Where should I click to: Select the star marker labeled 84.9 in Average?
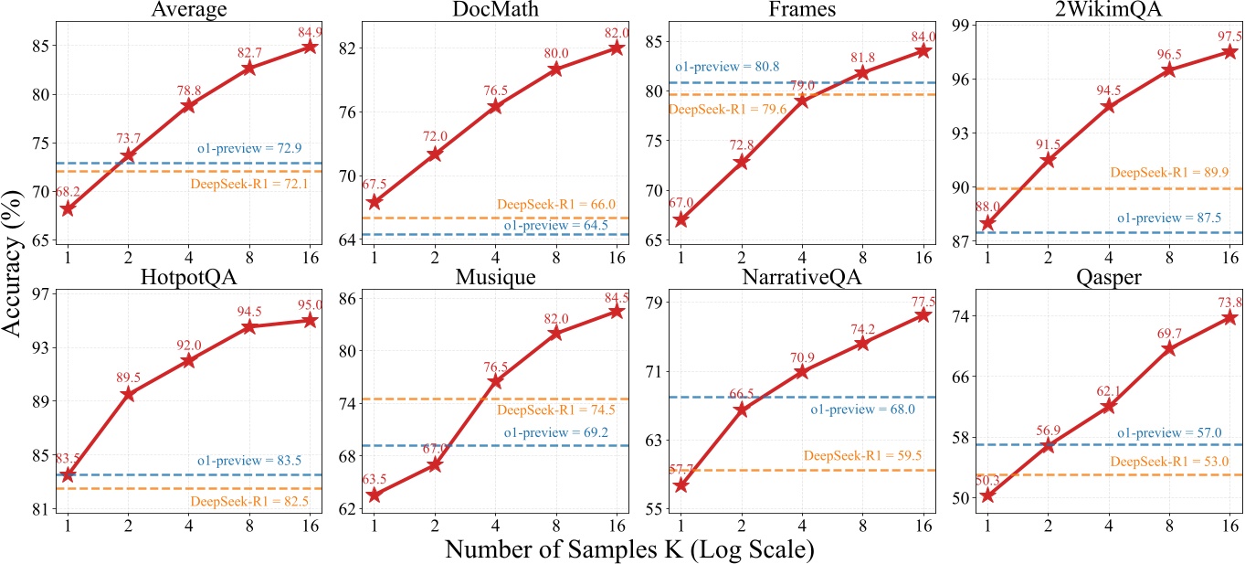click(x=310, y=47)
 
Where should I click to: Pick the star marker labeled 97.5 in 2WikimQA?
click(x=1229, y=52)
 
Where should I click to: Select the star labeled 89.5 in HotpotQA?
click(x=128, y=394)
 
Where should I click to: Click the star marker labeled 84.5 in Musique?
click(x=617, y=312)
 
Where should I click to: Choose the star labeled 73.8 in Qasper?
click(x=1229, y=317)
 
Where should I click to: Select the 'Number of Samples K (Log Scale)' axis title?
click(x=630, y=550)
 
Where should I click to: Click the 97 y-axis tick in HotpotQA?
click(x=41, y=294)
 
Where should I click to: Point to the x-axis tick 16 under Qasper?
click(x=1229, y=527)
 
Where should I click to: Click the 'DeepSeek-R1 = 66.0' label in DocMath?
click(x=556, y=205)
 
